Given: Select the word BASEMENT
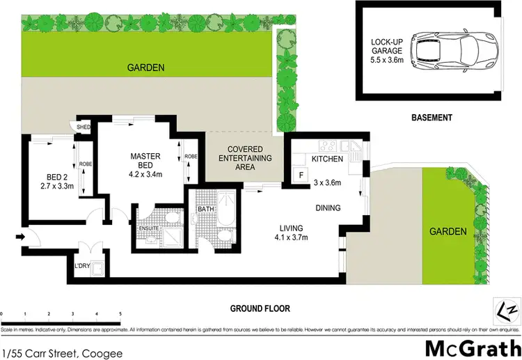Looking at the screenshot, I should tap(432, 118).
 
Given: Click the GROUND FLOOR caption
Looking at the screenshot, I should tap(261, 308).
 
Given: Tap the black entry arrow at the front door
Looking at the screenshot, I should tap(18, 237).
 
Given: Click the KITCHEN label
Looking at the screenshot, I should tap(327, 159).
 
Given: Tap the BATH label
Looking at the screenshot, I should tap(205, 208).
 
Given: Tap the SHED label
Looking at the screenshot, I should tap(84, 127).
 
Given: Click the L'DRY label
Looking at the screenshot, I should tap(82, 265).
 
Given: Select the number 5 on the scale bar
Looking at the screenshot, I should tap(120, 314).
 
